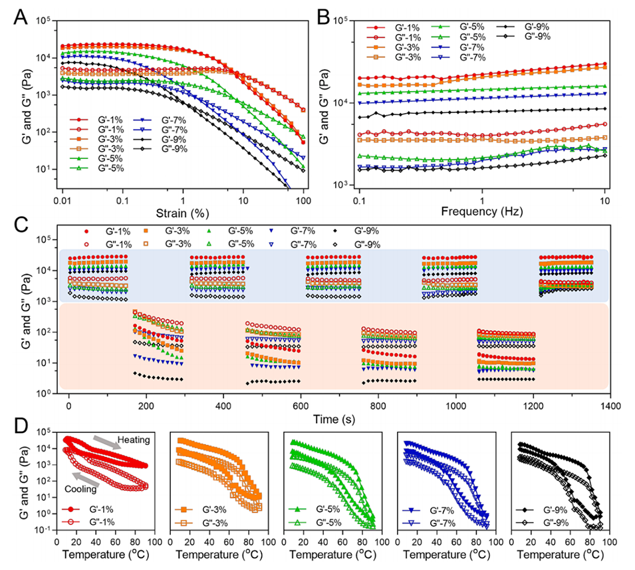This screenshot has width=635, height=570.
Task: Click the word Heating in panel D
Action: pyautogui.click(x=135, y=440)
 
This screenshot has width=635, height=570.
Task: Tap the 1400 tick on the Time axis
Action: pyautogui.click(x=610, y=404)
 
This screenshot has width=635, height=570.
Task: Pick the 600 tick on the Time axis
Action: pyautogui.click(x=301, y=404)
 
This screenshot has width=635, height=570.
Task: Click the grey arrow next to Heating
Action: pyautogui.click(x=104, y=444)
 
